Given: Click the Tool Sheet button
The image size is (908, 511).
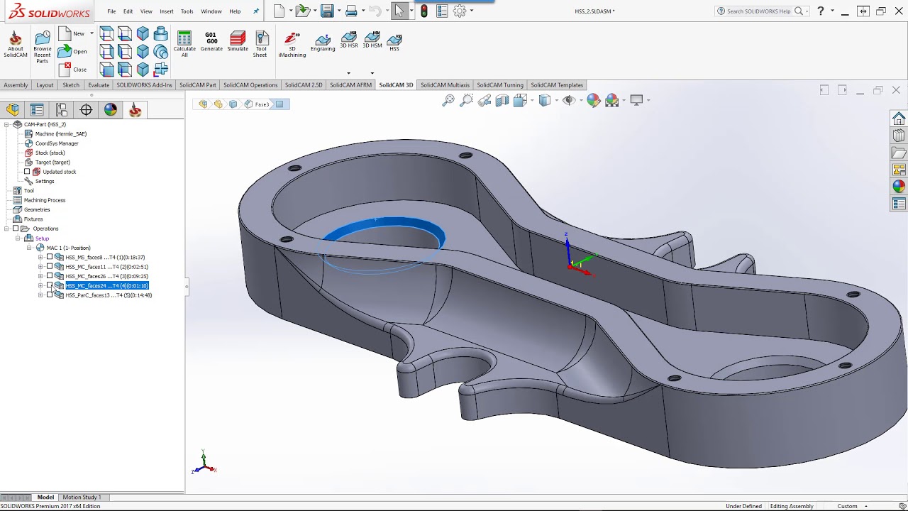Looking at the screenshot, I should click(261, 43).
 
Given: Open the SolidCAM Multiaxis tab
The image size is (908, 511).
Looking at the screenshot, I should click(445, 85).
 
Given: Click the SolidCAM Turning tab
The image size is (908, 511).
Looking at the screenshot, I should click(500, 85).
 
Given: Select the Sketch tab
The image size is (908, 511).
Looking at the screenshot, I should click(71, 85).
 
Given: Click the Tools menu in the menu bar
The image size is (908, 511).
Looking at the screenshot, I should click(187, 11).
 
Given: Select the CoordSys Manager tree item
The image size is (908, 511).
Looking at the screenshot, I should click(57, 143).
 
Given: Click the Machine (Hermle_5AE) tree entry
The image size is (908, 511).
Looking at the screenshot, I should click(61, 133).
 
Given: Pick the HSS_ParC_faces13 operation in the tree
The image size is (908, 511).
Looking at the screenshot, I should click(108, 295).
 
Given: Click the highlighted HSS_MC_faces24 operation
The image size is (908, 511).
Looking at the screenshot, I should click(106, 286).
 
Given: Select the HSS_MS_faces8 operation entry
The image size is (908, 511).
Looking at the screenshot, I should click(104, 258).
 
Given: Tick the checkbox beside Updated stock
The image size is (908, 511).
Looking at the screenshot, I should click(28, 172).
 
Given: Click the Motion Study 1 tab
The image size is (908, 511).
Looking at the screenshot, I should click(82, 498).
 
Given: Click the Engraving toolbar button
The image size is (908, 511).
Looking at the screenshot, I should click(323, 43).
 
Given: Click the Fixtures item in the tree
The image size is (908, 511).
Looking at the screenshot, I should click(33, 219).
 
